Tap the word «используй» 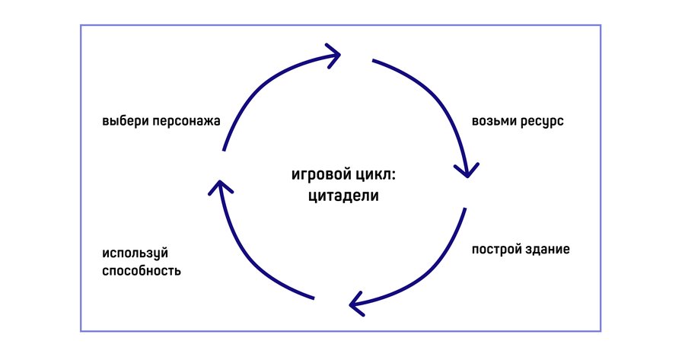pyautogui.click(x=135, y=253)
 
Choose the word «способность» pyautogui.click(x=142, y=271)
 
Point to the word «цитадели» pyautogui.click(x=343, y=195)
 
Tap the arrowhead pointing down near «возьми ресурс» pyautogui.click(x=467, y=171)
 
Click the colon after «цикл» pyautogui.click(x=393, y=176)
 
